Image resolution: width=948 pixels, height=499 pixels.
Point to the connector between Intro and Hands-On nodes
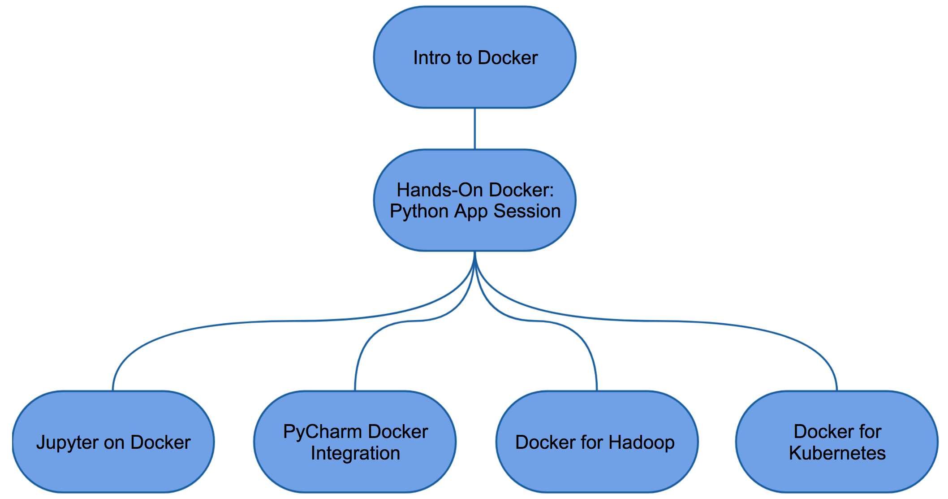click(475, 129)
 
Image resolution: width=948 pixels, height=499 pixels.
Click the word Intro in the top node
click(428, 58)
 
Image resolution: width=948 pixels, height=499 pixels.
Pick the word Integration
click(355, 453)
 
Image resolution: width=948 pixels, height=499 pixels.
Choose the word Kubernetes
click(837, 453)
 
